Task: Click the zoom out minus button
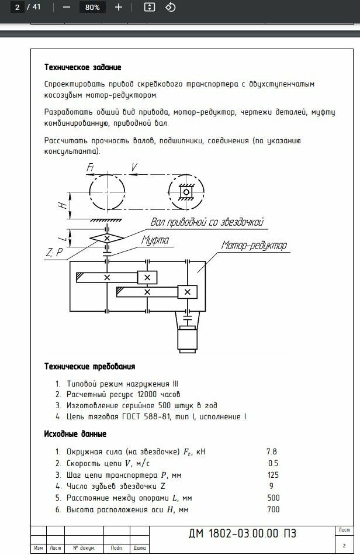point(66,8)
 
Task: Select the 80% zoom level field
point(92,8)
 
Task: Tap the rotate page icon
point(170,8)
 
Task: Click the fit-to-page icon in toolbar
point(150,8)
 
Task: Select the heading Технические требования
point(90,367)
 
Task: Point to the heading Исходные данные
point(75,434)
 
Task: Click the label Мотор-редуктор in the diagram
point(254,246)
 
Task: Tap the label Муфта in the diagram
point(155,240)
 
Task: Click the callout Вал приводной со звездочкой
point(207,222)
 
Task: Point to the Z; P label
point(53,253)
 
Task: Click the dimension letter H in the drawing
point(61,205)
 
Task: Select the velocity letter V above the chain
point(134,168)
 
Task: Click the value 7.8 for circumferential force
point(272,451)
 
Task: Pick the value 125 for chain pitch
point(273,474)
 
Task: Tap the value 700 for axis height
point(273,509)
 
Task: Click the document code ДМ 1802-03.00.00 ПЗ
point(242,533)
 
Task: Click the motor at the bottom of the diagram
point(187,339)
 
